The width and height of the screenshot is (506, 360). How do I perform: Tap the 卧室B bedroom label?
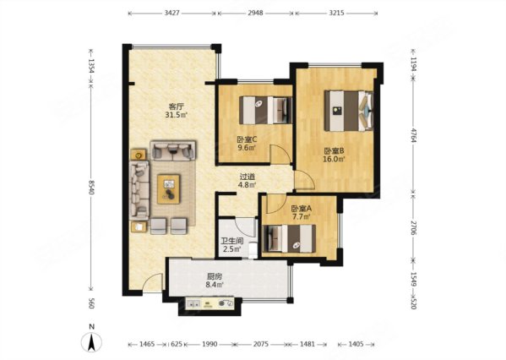point(335,150)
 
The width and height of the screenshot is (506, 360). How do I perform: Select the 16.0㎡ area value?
point(335,159)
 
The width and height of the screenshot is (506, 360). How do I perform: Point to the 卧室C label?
point(247,139)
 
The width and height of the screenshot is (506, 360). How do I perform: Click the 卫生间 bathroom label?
point(231,241)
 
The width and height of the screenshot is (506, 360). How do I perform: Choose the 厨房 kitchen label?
point(215,276)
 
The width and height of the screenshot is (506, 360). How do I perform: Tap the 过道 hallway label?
point(248,177)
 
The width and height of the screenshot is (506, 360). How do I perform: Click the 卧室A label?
point(301,209)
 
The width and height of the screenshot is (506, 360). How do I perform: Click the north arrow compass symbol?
point(91,341)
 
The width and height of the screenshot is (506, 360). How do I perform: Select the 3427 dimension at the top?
point(172,13)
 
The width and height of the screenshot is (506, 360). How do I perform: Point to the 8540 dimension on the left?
point(91,188)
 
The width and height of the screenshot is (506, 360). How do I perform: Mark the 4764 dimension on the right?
point(414,134)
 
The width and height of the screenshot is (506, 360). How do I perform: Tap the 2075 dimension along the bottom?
point(260,344)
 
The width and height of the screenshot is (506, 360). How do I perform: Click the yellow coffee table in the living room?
point(168,189)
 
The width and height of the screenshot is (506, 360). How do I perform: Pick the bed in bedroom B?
point(349,111)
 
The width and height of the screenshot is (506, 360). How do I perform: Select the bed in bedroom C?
point(265,110)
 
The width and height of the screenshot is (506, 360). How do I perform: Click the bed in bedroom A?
point(290,238)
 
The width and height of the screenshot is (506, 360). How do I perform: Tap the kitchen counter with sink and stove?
point(210,304)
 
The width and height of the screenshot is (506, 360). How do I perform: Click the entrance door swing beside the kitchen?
point(152,282)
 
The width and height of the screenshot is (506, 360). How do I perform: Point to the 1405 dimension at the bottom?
point(356,344)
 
